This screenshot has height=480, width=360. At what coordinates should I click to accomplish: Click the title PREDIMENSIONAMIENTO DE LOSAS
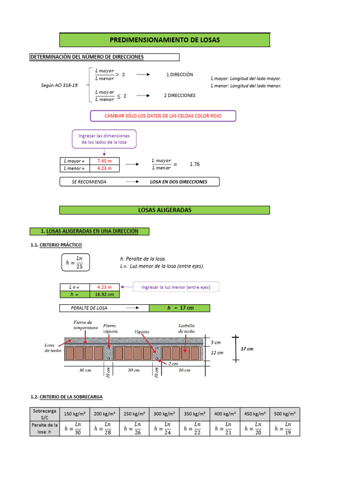click(165, 40)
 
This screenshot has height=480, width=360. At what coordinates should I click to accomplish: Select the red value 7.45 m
click(105, 161)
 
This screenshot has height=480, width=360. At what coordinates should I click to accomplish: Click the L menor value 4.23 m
click(105, 168)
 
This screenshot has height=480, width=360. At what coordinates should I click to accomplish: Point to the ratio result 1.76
click(195, 165)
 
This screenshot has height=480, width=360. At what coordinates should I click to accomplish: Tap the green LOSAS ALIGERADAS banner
click(165, 210)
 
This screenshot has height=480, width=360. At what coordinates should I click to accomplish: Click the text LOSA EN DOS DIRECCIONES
click(178, 182)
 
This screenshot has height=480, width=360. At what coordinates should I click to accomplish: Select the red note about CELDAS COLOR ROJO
click(163, 116)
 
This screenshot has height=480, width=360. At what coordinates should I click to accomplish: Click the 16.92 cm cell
click(105, 294)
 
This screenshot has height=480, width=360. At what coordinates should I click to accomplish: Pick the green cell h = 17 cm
click(180, 308)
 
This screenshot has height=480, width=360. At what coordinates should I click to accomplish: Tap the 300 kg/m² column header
click(164, 414)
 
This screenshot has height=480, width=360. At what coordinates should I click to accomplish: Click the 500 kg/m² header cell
click(285, 414)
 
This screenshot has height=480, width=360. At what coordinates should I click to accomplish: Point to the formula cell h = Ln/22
click(194, 428)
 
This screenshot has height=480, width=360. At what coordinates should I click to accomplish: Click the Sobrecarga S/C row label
click(44, 414)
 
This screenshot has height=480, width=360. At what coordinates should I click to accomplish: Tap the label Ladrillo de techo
click(186, 328)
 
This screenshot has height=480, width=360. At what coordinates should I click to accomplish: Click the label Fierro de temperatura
click(85, 325)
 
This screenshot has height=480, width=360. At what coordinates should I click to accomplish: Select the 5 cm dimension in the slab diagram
click(216, 343)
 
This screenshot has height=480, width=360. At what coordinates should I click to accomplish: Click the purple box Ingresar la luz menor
click(176, 287)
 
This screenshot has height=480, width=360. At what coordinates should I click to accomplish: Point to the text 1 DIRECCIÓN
click(180, 75)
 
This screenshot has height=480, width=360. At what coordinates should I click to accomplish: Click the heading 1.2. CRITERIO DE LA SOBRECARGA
click(66, 397)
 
